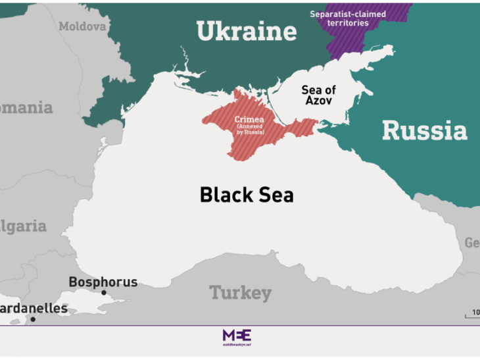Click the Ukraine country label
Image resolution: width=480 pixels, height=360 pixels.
tap(247, 31)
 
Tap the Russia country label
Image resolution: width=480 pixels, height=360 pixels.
tap(424, 130)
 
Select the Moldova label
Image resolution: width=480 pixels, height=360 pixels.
tap(82, 26)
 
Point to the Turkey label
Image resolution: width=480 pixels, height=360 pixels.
tap(240, 293)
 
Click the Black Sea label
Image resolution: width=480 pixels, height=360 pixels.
tap(247, 195)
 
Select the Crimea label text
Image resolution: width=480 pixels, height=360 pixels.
tap(250, 120)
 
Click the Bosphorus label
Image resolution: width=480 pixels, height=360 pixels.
tap(103, 282)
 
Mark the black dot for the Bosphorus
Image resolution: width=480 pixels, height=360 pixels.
tap(103, 293)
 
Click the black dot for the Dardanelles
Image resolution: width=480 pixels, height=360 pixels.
tap(33, 319)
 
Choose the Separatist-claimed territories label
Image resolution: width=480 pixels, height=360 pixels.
tap(348, 18)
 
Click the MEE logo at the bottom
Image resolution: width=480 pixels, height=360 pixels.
tap(237, 336)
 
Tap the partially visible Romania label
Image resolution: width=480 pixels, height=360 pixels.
tap(26, 107)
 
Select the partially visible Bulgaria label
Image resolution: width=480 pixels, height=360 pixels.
tap(24, 226)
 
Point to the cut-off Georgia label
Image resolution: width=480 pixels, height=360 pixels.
tap(472, 243)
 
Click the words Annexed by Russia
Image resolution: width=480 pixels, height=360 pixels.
tap(250, 130)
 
